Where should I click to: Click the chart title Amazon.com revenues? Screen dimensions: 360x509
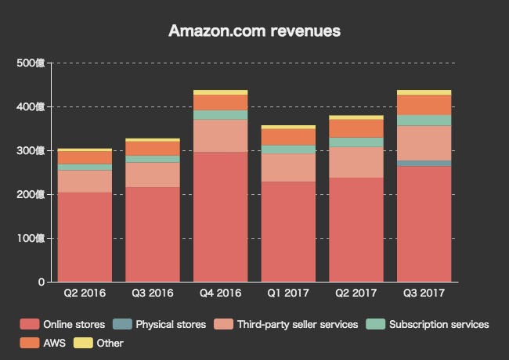click(254, 31)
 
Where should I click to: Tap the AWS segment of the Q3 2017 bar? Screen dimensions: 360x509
click(425, 105)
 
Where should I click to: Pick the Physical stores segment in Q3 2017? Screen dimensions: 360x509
click(425, 164)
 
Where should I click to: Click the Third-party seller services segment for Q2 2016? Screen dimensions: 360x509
click(85, 181)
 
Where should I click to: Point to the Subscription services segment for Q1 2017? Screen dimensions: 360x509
click(289, 149)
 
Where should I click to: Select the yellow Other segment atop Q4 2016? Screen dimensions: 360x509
click(221, 92)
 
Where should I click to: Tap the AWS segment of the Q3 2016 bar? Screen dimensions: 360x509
click(153, 148)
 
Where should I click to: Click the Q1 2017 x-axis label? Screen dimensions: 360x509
click(289, 293)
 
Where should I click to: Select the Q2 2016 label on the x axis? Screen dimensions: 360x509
click(85, 293)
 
